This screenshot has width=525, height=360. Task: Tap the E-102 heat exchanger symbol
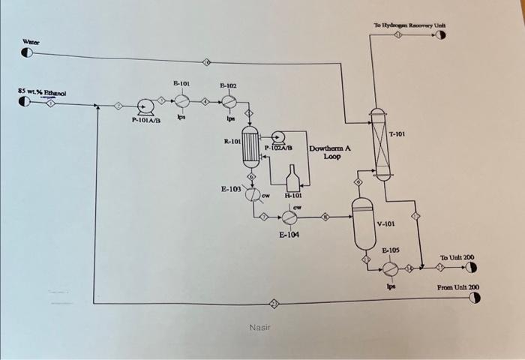[x=229, y=100]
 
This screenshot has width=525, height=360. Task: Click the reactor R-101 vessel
[x=250, y=147]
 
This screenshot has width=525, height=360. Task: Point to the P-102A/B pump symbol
[x=279, y=136]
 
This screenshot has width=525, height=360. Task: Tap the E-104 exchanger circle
[x=289, y=217]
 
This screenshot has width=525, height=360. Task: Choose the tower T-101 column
[x=381, y=143]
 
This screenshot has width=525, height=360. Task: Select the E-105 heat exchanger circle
[x=390, y=267]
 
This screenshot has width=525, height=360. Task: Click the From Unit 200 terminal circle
[x=473, y=298]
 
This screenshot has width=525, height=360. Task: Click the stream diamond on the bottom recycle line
[x=274, y=303]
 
